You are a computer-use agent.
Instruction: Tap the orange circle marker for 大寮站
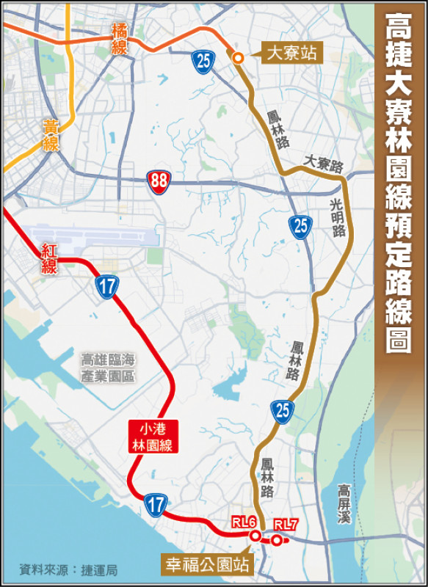[238, 58]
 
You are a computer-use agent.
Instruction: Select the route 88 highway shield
[157, 181]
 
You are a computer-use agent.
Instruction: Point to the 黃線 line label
[51, 136]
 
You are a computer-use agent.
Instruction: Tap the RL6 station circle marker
[255, 536]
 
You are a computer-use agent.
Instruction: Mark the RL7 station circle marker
[276, 541]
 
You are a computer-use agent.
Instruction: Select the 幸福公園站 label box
[206, 566]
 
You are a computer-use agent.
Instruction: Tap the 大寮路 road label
[324, 163]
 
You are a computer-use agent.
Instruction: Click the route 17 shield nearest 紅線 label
[107, 286]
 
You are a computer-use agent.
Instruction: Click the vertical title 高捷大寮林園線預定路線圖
[399, 183]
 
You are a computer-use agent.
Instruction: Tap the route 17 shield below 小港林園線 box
[155, 504]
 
